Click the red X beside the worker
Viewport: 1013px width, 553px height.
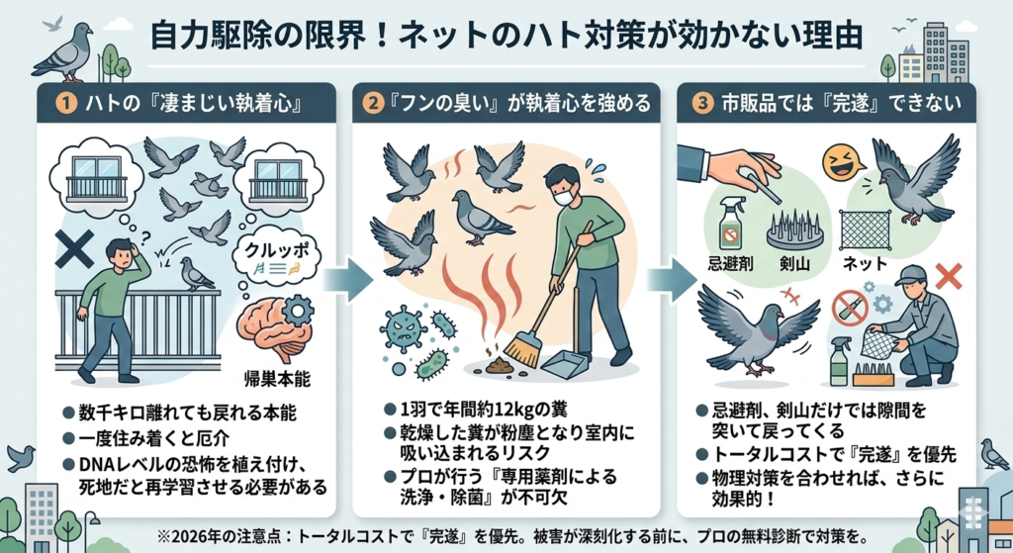tap(949, 277)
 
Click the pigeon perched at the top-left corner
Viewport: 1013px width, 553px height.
tap(62, 55)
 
